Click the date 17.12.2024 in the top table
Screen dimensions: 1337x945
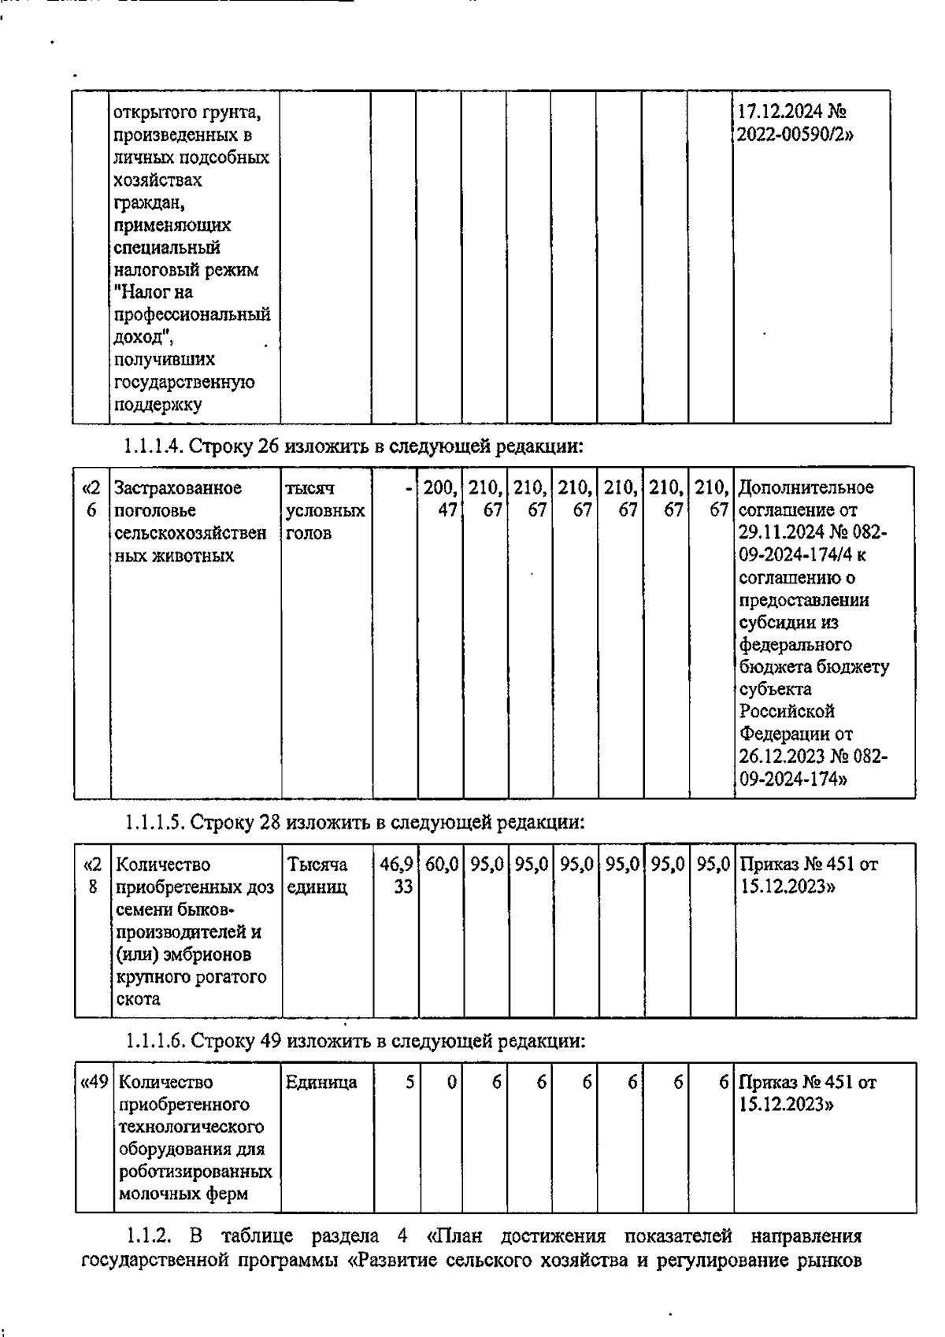tap(780, 113)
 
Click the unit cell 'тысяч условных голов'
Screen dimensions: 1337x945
tap(325, 510)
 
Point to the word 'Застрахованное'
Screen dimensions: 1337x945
tap(178, 488)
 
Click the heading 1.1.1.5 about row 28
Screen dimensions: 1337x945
tap(354, 823)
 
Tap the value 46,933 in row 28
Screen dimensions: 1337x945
tap(396, 876)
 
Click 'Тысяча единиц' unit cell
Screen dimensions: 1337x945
tap(318, 876)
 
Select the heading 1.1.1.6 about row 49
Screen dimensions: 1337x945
tap(355, 1042)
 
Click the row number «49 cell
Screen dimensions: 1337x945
tap(94, 1083)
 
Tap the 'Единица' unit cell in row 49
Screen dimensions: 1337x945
tap(321, 1083)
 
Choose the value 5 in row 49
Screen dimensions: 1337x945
tap(409, 1083)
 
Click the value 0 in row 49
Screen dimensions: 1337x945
tap(451, 1083)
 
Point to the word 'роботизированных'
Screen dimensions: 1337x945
tap(195, 1172)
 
